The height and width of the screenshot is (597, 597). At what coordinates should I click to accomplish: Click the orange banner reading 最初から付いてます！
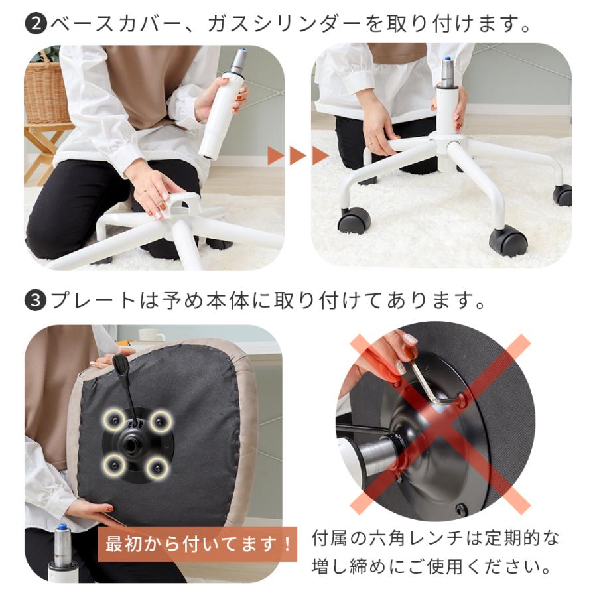(x=197, y=545)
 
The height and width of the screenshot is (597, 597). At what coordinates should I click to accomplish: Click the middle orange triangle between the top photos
(x=298, y=156)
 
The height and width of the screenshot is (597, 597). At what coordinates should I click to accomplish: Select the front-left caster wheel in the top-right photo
(x=354, y=220)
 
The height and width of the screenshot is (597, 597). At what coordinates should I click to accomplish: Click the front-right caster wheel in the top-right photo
(x=508, y=240)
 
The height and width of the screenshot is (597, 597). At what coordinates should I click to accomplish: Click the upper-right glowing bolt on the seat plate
(x=160, y=420)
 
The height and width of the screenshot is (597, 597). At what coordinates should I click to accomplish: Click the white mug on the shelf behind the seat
(x=151, y=335)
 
